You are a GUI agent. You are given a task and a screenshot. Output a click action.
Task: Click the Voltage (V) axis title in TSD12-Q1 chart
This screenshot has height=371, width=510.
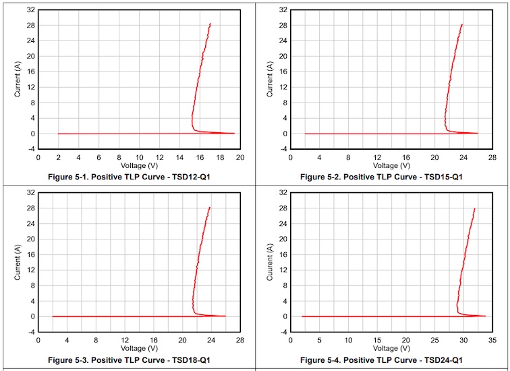(139, 165)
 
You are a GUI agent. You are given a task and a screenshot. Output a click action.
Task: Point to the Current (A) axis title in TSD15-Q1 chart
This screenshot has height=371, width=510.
(271, 80)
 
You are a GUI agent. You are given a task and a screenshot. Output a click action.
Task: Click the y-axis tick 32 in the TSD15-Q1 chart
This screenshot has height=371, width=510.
(284, 10)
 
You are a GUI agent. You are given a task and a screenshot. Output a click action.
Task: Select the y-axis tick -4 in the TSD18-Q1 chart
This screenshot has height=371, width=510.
(31, 332)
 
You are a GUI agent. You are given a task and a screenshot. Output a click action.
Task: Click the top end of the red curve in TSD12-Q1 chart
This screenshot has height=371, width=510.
(210, 24)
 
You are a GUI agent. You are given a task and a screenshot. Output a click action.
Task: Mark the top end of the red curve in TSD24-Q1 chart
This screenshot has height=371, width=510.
(474, 208)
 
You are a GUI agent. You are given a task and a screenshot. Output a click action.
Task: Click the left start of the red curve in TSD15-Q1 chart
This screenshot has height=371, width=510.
(306, 134)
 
